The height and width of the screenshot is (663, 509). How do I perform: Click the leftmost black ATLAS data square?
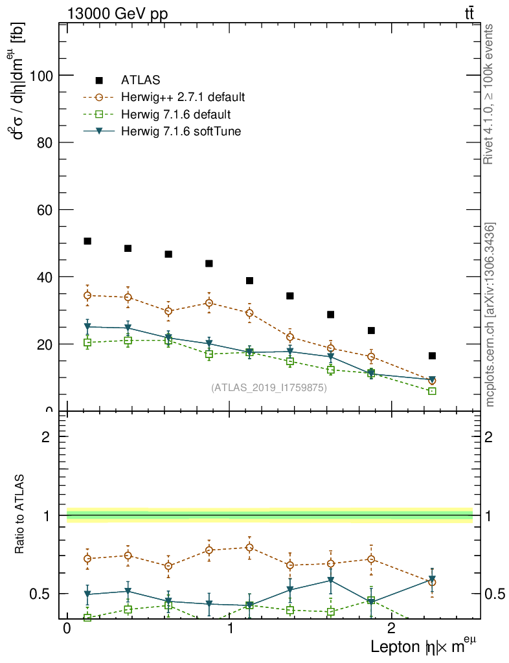87,241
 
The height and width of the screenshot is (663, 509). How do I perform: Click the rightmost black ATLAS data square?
432,355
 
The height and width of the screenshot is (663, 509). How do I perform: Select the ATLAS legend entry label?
141,80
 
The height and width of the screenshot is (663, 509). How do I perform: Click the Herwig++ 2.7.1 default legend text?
183,98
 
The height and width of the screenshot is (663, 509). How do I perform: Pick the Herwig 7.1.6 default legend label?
176,115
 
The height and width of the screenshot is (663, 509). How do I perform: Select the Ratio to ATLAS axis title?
21,515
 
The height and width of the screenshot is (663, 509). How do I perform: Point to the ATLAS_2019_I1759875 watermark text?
269,388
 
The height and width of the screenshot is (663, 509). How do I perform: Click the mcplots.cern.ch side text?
490,315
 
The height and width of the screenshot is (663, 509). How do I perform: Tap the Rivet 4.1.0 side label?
490,94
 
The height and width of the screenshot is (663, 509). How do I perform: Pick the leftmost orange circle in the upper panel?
87,295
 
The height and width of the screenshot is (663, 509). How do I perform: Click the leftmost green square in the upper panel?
87,343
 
